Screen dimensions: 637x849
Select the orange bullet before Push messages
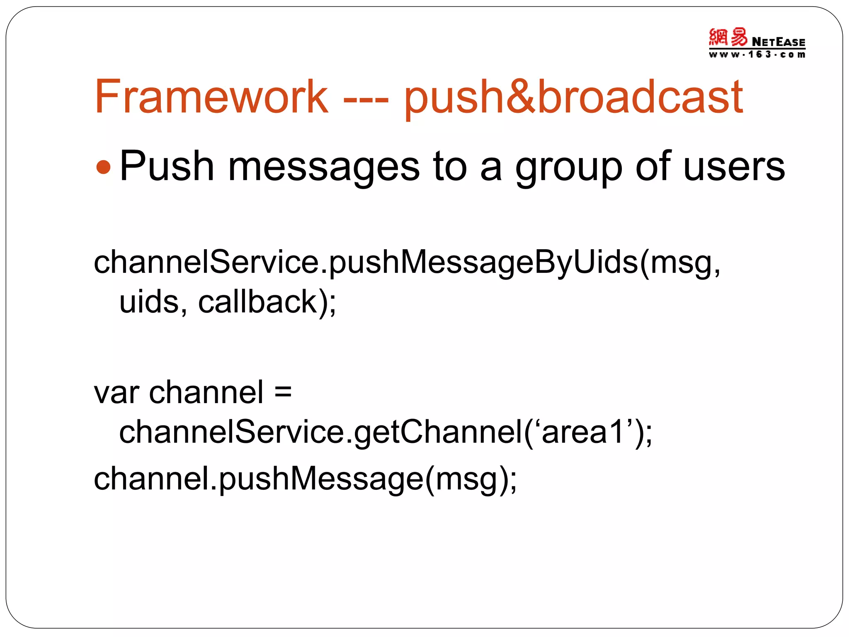click(x=103, y=168)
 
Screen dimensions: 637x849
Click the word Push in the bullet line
click(x=167, y=166)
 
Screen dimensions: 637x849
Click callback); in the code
click(x=267, y=302)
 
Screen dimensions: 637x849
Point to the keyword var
click(x=116, y=393)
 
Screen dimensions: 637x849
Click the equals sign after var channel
click(x=283, y=392)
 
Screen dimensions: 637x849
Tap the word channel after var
click(x=206, y=392)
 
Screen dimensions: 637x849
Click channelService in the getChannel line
click(x=231, y=432)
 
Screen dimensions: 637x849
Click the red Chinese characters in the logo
click(x=728, y=37)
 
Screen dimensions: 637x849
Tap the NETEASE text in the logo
click(x=778, y=42)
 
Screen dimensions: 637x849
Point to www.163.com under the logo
click(x=757, y=54)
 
